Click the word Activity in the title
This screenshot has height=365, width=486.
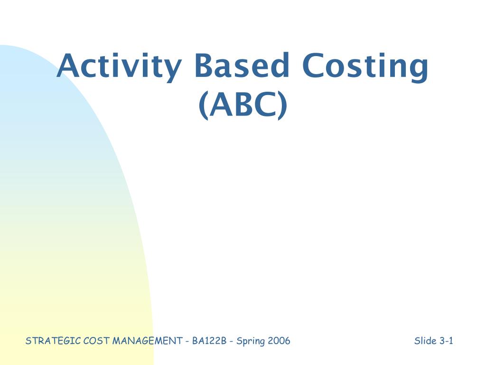click(119, 67)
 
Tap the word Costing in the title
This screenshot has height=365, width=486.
click(365, 67)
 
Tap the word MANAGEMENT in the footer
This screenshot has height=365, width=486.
click(146, 341)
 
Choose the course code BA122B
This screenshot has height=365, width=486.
click(209, 341)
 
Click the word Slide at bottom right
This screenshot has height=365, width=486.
click(425, 341)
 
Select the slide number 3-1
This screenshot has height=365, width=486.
click(446, 341)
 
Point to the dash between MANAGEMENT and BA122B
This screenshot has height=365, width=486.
click(188, 341)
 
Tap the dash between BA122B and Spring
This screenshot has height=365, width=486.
click(231, 341)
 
